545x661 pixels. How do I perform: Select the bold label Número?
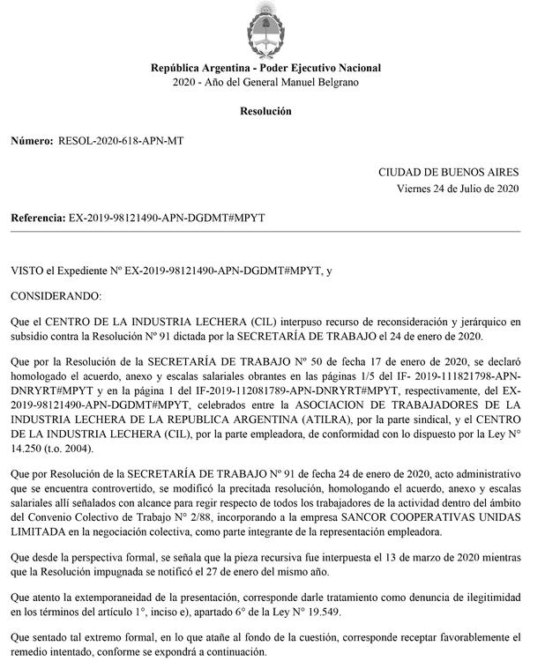[31, 141]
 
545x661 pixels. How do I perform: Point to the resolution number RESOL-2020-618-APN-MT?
[121, 141]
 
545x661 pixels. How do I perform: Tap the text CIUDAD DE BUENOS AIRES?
[449, 173]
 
